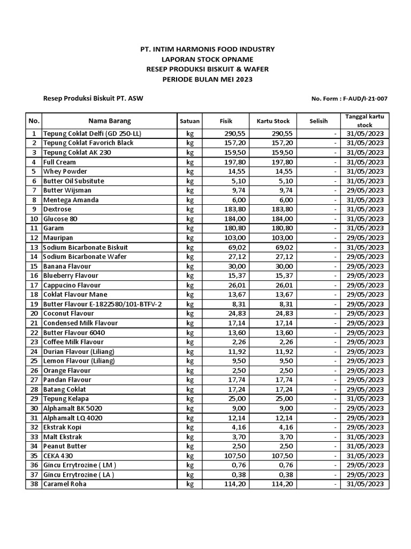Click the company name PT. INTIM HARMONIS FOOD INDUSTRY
pyautogui.click(x=207, y=49)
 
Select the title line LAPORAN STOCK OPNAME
pyautogui.click(x=207, y=60)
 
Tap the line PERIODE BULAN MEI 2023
pyautogui.click(x=207, y=79)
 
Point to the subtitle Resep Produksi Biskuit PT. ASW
pyautogui.click(x=93, y=99)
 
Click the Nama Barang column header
pyautogui.click(x=109, y=121)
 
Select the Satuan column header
pyautogui.click(x=189, y=121)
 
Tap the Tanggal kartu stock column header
pyautogui.click(x=364, y=121)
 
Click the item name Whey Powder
pyautogui.click(x=65, y=172)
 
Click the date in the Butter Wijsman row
pyautogui.click(x=364, y=190)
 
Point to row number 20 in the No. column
pyautogui.click(x=34, y=314)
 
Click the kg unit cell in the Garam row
pyautogui.click(x=189, y=228)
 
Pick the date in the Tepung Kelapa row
pyautogui.click(x=364, y=399)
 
